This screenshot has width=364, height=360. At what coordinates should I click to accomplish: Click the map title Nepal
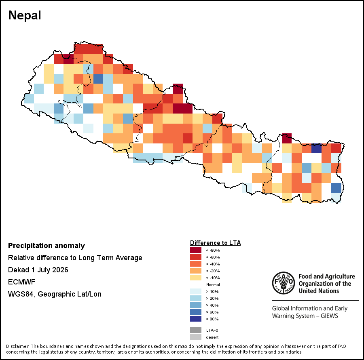[x=25, y=15]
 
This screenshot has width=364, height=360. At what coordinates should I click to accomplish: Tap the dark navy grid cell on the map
[x=316, y=148]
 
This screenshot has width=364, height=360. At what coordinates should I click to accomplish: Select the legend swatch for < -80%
[x=196, y=250]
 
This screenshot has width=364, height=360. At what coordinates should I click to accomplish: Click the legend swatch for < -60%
[x=196, y=257]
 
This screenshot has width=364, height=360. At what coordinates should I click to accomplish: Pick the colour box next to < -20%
[x=196, y=271]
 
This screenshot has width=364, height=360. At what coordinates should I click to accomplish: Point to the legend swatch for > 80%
[x=196, y=319]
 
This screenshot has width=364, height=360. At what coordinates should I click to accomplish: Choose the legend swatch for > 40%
[x=196, y=305]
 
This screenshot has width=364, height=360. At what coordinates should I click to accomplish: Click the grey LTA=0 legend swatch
[x=196, y=330]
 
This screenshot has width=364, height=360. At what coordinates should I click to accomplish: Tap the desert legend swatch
[x=196, y=337]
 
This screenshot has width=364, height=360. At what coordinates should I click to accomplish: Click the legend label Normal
[x=213, y=284]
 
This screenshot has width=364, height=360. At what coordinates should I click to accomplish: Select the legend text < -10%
[x=213, y=278]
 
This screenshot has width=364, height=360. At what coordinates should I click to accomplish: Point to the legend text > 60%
[x=212, y=312]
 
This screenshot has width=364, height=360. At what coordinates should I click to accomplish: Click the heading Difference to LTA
[x=215, y=243]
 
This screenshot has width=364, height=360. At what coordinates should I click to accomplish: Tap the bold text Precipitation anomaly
[x=47, y=246]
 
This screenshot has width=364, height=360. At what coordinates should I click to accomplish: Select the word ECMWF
[x=21, y=282]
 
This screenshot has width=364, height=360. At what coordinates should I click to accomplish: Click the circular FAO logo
[x=284, y=283]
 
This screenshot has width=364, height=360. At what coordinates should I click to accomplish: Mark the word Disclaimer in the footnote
[x=18, y=346]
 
